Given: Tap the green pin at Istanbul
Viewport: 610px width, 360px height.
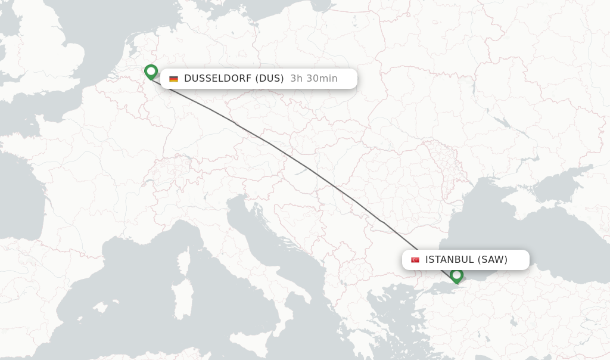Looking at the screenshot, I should [456, 275].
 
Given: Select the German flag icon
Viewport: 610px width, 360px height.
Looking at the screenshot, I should [173, 79].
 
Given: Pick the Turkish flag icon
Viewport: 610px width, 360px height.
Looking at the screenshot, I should [415, 260].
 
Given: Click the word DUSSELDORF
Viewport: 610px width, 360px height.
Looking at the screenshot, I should [217, 79].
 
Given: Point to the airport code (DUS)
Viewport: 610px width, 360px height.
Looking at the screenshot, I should [269, 79].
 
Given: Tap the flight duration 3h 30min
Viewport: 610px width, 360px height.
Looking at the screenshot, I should [314, 79].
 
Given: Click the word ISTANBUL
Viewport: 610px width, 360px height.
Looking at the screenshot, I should [449, 260].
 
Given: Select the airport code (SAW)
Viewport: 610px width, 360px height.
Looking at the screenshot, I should [493, 260].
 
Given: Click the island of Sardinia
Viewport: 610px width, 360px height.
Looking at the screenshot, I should [182, 299].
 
